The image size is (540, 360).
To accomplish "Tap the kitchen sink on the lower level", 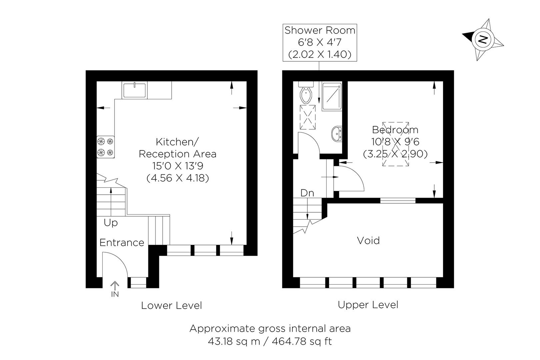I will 134,90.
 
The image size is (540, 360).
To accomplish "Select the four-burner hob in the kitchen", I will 106,147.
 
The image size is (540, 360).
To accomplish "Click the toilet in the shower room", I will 306,95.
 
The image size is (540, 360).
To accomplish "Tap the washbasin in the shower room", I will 337,134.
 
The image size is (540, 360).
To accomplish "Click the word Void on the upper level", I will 368,240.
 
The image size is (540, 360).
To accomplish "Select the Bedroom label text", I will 395,130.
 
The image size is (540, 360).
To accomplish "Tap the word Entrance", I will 122,243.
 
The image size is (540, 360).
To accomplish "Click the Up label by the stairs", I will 110,222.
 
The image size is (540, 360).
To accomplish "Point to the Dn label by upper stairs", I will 307,193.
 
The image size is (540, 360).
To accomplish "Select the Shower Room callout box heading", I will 319,30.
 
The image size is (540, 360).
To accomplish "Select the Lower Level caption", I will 171,305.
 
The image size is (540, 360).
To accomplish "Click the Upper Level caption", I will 368,305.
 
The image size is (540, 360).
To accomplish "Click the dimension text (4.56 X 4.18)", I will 178,178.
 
